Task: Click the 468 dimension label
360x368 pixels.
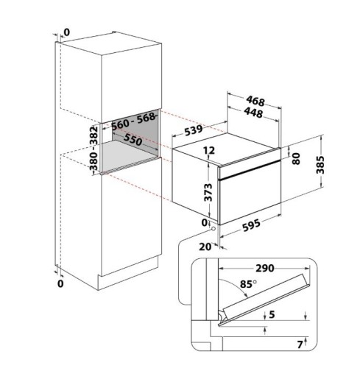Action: click(255, 101)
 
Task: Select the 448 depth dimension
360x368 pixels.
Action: click(253, 113)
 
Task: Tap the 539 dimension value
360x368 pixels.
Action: click(194, 130)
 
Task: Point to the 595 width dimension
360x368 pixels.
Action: click(251, 225)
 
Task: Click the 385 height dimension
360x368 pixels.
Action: click(320, 165)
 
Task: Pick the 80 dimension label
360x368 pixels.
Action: click(296, 158)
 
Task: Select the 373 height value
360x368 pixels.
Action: click(208, 192)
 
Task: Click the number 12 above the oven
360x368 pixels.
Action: click(209, 150)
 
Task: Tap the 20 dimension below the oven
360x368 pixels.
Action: click(205, 247)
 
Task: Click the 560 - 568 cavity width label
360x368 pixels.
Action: click(133, 121)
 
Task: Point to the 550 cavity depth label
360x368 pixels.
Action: click(133, 140)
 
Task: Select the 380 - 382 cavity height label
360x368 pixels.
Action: click(93, 149)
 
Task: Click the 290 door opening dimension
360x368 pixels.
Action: click(265, 268)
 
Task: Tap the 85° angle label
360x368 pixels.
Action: click(248, 284)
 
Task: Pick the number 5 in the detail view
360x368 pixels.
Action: click(272, 314)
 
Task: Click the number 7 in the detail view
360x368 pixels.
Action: click(300, 344)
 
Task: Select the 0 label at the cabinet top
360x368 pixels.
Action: click(66, 32)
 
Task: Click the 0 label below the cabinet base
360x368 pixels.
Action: click(60, 283)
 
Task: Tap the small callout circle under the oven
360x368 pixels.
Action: click(213, 229)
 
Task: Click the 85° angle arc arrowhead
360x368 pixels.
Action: click(246, 296)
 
